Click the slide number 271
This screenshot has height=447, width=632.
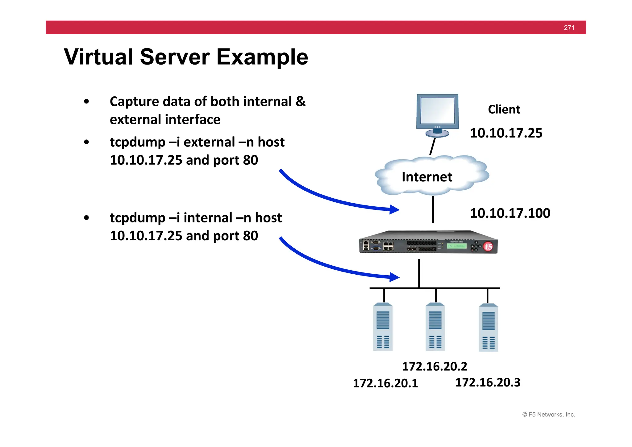[x=569, y=28]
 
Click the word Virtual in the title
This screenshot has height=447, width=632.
[x=98, y=57]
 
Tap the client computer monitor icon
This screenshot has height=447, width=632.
[x=437, y=114]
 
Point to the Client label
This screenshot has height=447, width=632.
[x=504, y=110]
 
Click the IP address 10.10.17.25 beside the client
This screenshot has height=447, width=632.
[x=506, y=133]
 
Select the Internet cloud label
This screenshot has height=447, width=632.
[x=427, y=177]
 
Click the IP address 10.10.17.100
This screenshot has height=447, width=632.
[x=510, y=213]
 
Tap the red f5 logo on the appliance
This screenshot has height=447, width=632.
[x=488, y=247]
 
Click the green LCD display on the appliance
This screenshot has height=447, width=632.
[x=457, y=246]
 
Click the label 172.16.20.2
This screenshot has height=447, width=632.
[x=434, y=367]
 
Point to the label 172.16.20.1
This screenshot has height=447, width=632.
[x=385, y=383]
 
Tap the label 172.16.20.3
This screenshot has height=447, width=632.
[x=488, y=383]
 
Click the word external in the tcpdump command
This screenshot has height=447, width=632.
[x=209, y=142]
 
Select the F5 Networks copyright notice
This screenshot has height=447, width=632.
[x=549, y=415]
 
